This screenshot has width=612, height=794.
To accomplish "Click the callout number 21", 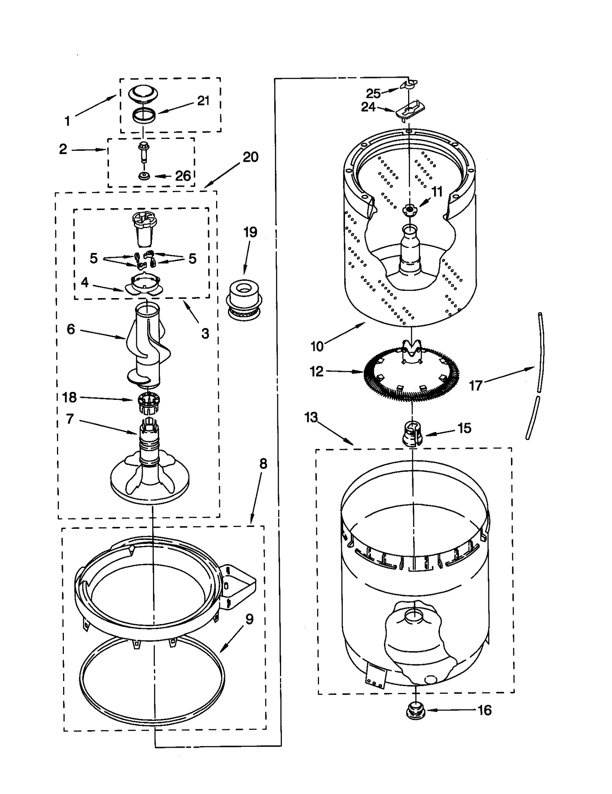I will tap(203, 101).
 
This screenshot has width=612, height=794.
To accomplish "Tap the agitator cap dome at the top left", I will tap(143, 93).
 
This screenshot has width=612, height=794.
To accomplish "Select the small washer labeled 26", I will tap(144, 176).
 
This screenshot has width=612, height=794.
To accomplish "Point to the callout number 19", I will tap(250, 232).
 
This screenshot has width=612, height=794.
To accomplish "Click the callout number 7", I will tap(70, 419).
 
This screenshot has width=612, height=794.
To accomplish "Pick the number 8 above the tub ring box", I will tap(263, 464).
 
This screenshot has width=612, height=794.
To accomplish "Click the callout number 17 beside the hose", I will tap(475, 385).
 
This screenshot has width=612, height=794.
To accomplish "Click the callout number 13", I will tap(311, 417).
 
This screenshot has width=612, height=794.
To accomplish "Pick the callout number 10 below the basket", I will tap(317, 346).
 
